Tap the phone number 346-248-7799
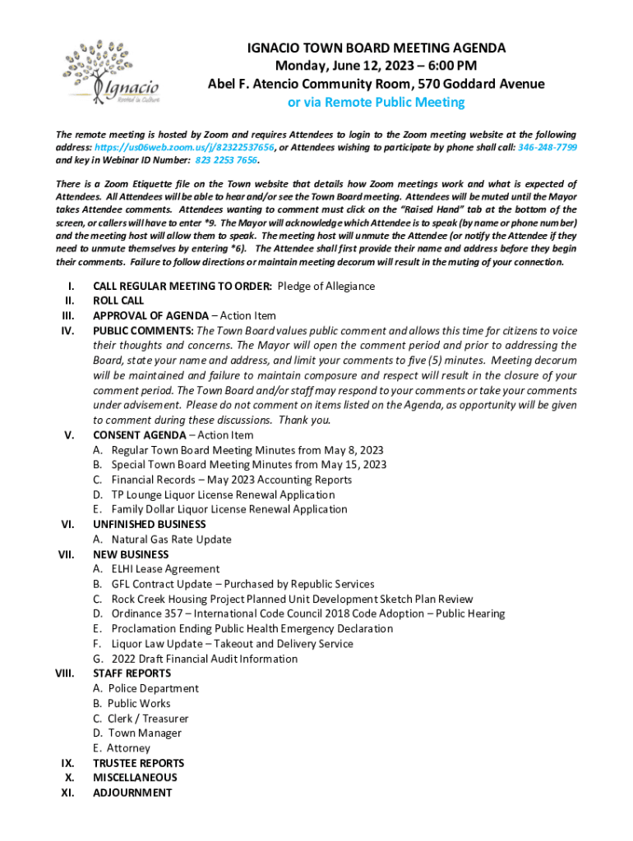click(548, 147)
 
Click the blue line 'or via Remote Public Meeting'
click(376, 103)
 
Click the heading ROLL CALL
click(118, 301)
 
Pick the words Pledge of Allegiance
click(326, 286)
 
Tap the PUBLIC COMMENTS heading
click(143, 331)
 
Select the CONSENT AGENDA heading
click(139, 435)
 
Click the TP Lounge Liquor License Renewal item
click(223, 494)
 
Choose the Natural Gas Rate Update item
click(171, 540)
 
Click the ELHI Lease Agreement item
click(165, 569)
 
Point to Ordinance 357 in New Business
click(143, 614)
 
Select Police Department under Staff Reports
click(153, 688)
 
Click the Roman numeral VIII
click(65, 673)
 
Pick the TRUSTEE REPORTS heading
click(138, 763)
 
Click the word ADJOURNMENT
click(132, 793)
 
